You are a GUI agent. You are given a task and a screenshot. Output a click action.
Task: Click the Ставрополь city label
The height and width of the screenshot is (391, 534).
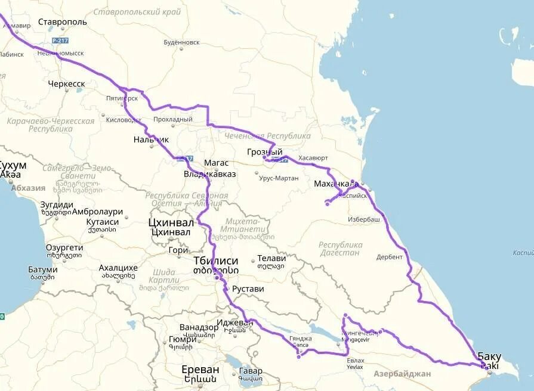coord(62,22)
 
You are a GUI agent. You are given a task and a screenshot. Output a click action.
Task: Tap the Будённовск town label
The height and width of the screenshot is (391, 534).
coord(181,42)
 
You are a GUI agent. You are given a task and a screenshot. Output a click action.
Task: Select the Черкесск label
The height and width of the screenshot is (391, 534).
coord(66,84)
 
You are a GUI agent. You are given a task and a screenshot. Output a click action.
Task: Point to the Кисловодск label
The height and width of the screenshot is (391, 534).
coord(124,120)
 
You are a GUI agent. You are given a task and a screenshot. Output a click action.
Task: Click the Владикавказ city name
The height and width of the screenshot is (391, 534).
coord(209,174)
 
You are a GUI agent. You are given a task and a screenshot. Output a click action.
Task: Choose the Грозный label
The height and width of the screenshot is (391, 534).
coord(264,152)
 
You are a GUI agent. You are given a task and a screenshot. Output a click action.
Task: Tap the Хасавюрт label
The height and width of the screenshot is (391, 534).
coord(313,158)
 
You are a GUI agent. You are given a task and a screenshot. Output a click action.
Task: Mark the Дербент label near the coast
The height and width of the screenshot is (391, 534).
coord(390,257)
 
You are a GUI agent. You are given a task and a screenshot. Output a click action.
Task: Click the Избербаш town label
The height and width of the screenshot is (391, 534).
coord(364,219)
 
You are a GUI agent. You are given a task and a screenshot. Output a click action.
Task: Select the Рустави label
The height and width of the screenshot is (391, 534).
coord(248,289)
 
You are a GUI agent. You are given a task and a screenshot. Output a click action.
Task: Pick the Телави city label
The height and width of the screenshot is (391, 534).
coord(271,259)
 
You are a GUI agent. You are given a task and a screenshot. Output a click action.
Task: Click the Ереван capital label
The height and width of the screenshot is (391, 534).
coord(200,370)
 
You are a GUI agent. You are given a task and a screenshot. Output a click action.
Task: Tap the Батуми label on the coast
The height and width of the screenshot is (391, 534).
coord(42,269)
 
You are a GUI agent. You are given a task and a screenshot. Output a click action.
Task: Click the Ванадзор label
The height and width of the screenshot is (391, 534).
coord(199,327)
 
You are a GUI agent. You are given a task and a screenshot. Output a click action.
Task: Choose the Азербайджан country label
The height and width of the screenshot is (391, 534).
coord(402,374)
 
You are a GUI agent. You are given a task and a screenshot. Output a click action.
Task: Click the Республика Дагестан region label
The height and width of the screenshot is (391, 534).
coord(340,249)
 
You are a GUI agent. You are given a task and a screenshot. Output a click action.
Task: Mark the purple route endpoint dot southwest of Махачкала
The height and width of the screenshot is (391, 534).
coord(327,204)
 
